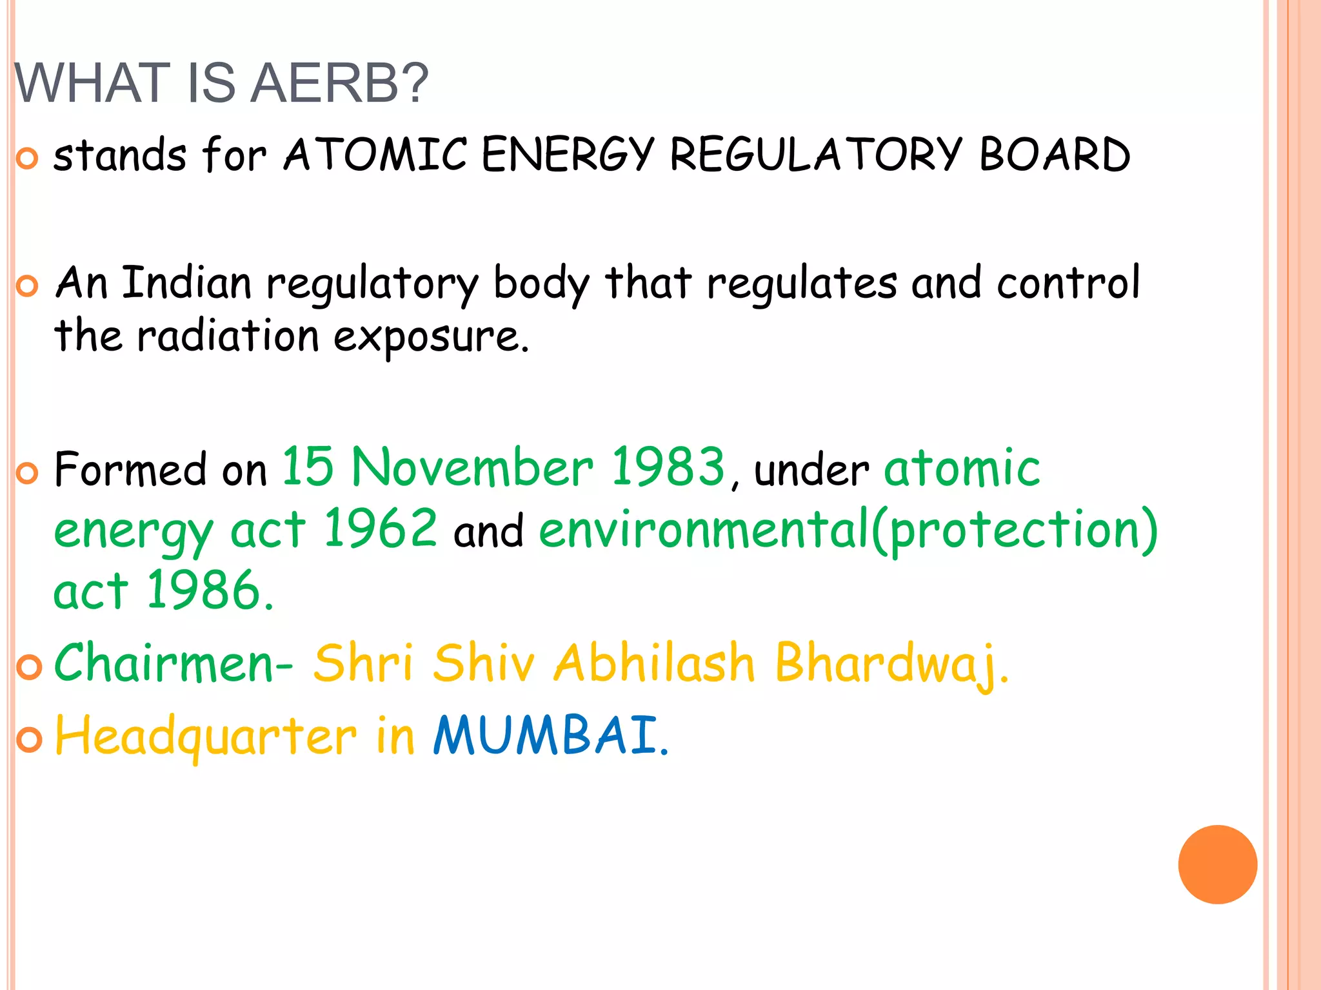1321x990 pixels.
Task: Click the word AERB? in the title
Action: (339, 83)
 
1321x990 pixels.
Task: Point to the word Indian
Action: (186, 283)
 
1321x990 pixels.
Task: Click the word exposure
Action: (431, 337)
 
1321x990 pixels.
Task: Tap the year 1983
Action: (668, 467)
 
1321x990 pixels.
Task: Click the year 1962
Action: (381, 529)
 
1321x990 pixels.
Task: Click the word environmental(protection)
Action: (848, 530)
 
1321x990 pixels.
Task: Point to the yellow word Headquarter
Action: (206, 737)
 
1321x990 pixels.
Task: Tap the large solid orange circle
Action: (1217, 864)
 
